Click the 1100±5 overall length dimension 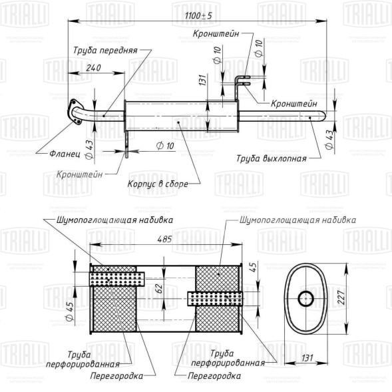tap(198, 16)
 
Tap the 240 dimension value tap(93, 68)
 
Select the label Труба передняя tap(105, 51)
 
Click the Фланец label tap(65, 154)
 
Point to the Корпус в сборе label tap(158, 184)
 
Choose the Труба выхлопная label tap(272, 158)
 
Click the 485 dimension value tap(164, 239)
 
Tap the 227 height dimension tap(341, 297)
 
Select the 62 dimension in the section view tap(160, 288)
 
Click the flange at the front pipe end tap(75, 112)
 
